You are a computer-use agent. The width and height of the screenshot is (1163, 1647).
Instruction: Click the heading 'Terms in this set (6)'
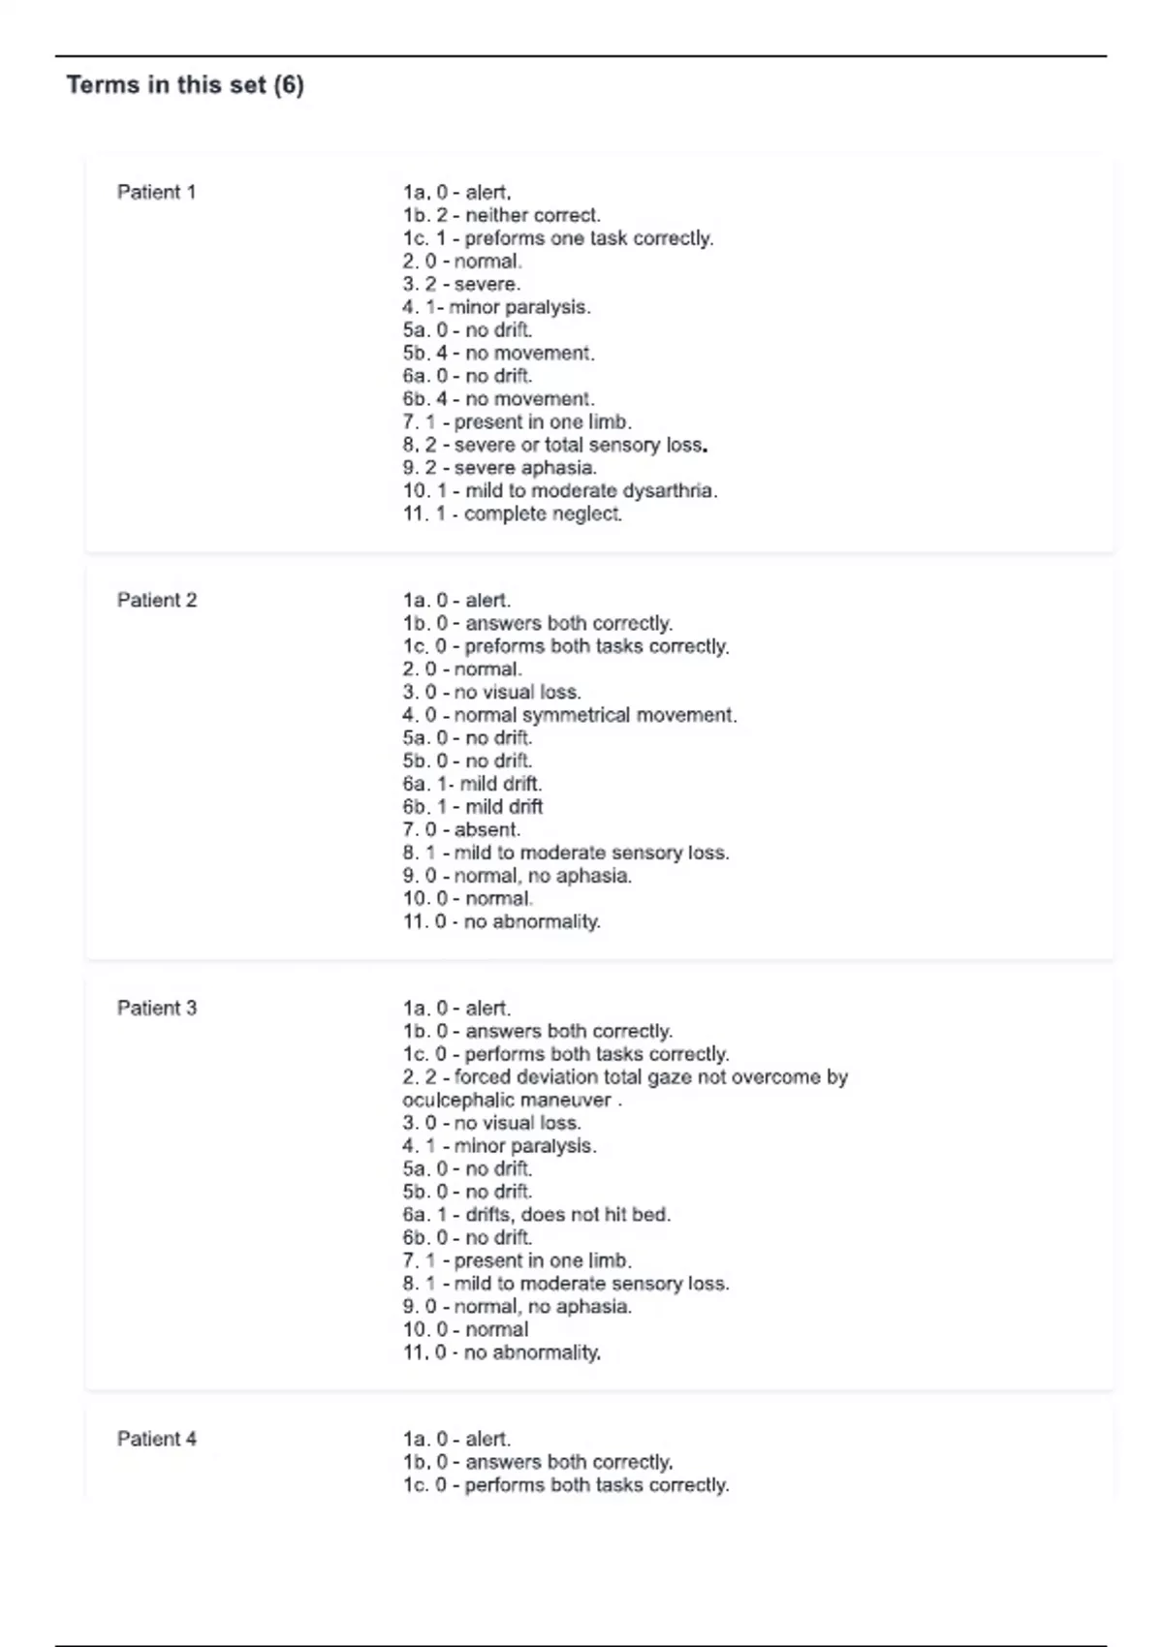[185, 85]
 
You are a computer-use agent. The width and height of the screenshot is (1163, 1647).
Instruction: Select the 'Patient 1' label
[156, 192]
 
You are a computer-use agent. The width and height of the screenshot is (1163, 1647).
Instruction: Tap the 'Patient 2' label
[156, 600]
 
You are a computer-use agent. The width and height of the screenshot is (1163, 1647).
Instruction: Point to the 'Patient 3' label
[156, 1008]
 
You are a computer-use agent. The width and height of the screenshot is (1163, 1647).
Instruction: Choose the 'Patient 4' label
[156, 1439]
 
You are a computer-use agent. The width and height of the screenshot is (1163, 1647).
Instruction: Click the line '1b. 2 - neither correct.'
[501, 215]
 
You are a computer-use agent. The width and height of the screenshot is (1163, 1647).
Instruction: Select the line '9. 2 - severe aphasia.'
[499, 468]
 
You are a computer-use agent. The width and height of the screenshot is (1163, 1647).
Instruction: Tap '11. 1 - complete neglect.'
[512, 513]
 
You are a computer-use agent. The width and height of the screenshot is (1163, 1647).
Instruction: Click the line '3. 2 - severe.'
[461, 284]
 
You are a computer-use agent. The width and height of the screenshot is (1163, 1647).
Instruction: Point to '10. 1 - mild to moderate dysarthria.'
[559, 490]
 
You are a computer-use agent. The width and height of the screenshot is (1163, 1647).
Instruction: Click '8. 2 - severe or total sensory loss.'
[554, 445]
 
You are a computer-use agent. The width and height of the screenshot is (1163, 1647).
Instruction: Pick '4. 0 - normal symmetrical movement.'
[569, 715]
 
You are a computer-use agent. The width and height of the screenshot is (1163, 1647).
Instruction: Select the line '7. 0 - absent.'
[461, 829]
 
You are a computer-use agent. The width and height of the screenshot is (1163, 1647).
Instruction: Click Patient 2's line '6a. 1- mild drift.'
[472, 784]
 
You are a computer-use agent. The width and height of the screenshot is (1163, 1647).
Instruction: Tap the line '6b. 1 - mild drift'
[472, 806]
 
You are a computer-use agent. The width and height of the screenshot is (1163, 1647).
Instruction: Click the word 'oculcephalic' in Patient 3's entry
[451, 1100]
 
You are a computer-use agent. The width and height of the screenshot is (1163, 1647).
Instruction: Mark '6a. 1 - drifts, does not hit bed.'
[536, 1214]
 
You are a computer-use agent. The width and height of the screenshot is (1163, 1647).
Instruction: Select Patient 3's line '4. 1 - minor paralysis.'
[499, 1145]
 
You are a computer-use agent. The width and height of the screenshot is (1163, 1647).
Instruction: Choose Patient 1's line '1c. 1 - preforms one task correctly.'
[557, 238]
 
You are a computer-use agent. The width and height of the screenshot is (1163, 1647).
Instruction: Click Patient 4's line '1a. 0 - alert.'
[456, 1439]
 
